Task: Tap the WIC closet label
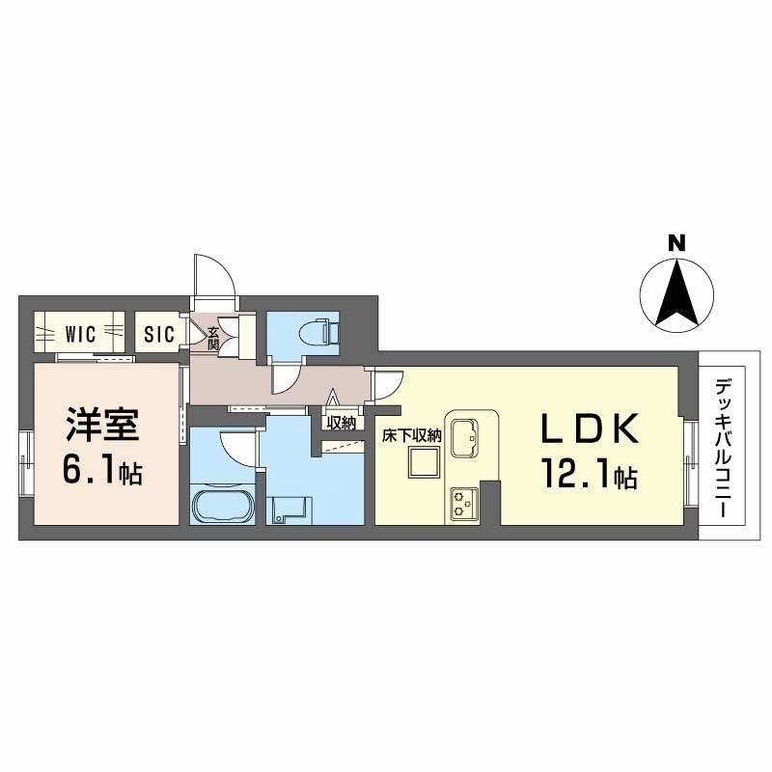click(x=80, y=335)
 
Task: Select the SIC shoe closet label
click(x=159, y=335)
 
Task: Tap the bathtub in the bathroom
click(x=223, y=507)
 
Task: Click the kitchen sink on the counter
click(x=464, y=434)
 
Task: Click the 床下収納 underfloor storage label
click(x=411, y=435)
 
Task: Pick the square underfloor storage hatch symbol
click(x=422, y=465)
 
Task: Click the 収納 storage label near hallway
click(x=341, y=422)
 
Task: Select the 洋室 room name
click(x=102, y=426)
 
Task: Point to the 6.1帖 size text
click(x=102, y=471)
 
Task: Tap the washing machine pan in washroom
click(x=289, y=508)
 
